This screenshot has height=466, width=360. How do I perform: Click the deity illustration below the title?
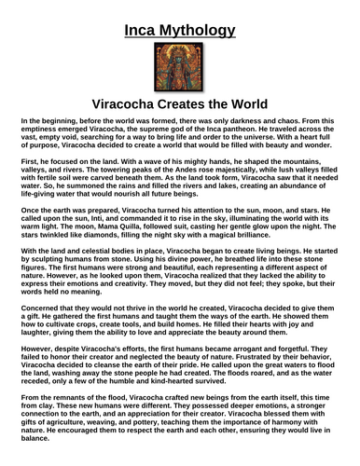pos(179,57)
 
